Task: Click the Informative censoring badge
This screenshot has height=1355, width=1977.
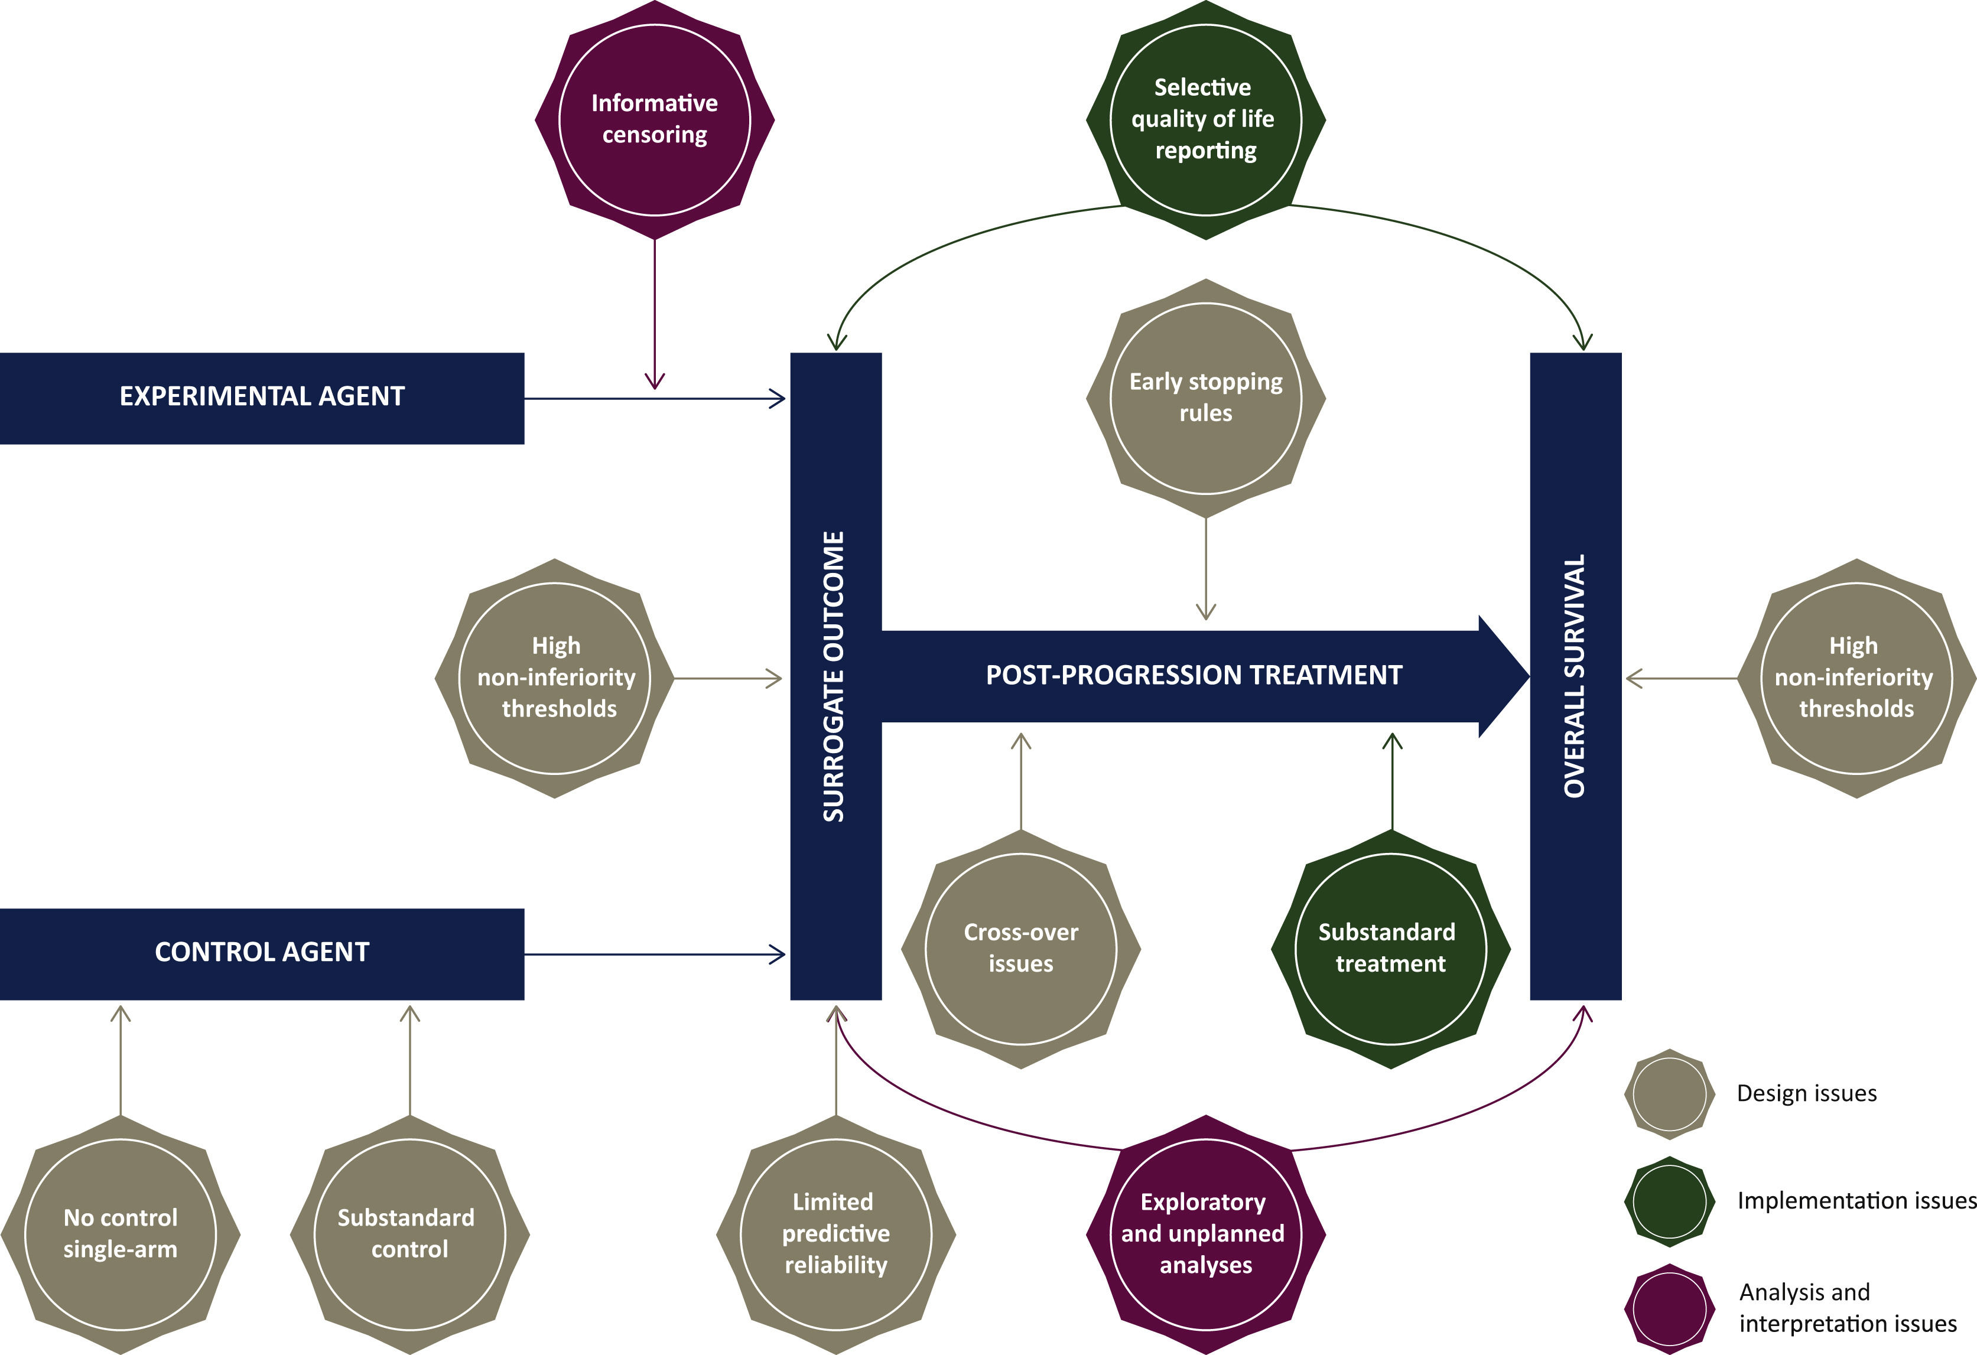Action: (x=654, y=120)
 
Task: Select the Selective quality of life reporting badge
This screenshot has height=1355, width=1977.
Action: (x=1205, y=120)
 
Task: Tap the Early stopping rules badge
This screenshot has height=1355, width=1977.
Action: (x=1205, y=398)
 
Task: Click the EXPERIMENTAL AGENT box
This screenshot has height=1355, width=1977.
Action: (x=262, y=398)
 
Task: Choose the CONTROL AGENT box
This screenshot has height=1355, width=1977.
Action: (x=262, y=953)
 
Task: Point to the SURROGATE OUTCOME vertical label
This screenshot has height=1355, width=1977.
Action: (x=834, y=676)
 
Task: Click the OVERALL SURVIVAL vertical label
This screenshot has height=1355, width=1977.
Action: (x=1575, y=676)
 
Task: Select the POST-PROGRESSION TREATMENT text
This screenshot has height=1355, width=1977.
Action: (x=1194, y=675)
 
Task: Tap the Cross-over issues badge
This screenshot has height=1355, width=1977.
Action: (x=1021, y=949)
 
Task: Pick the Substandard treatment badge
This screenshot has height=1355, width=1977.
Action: (x=1391, y=949)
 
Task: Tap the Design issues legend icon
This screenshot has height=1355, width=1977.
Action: (x=1669, y=1094)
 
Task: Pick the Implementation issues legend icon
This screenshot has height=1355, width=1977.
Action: (x=1669, y=1201)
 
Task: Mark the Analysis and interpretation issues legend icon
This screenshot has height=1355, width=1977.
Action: (x=1669, y=1308)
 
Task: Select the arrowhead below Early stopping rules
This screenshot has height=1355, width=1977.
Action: (x=1205, y=613)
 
